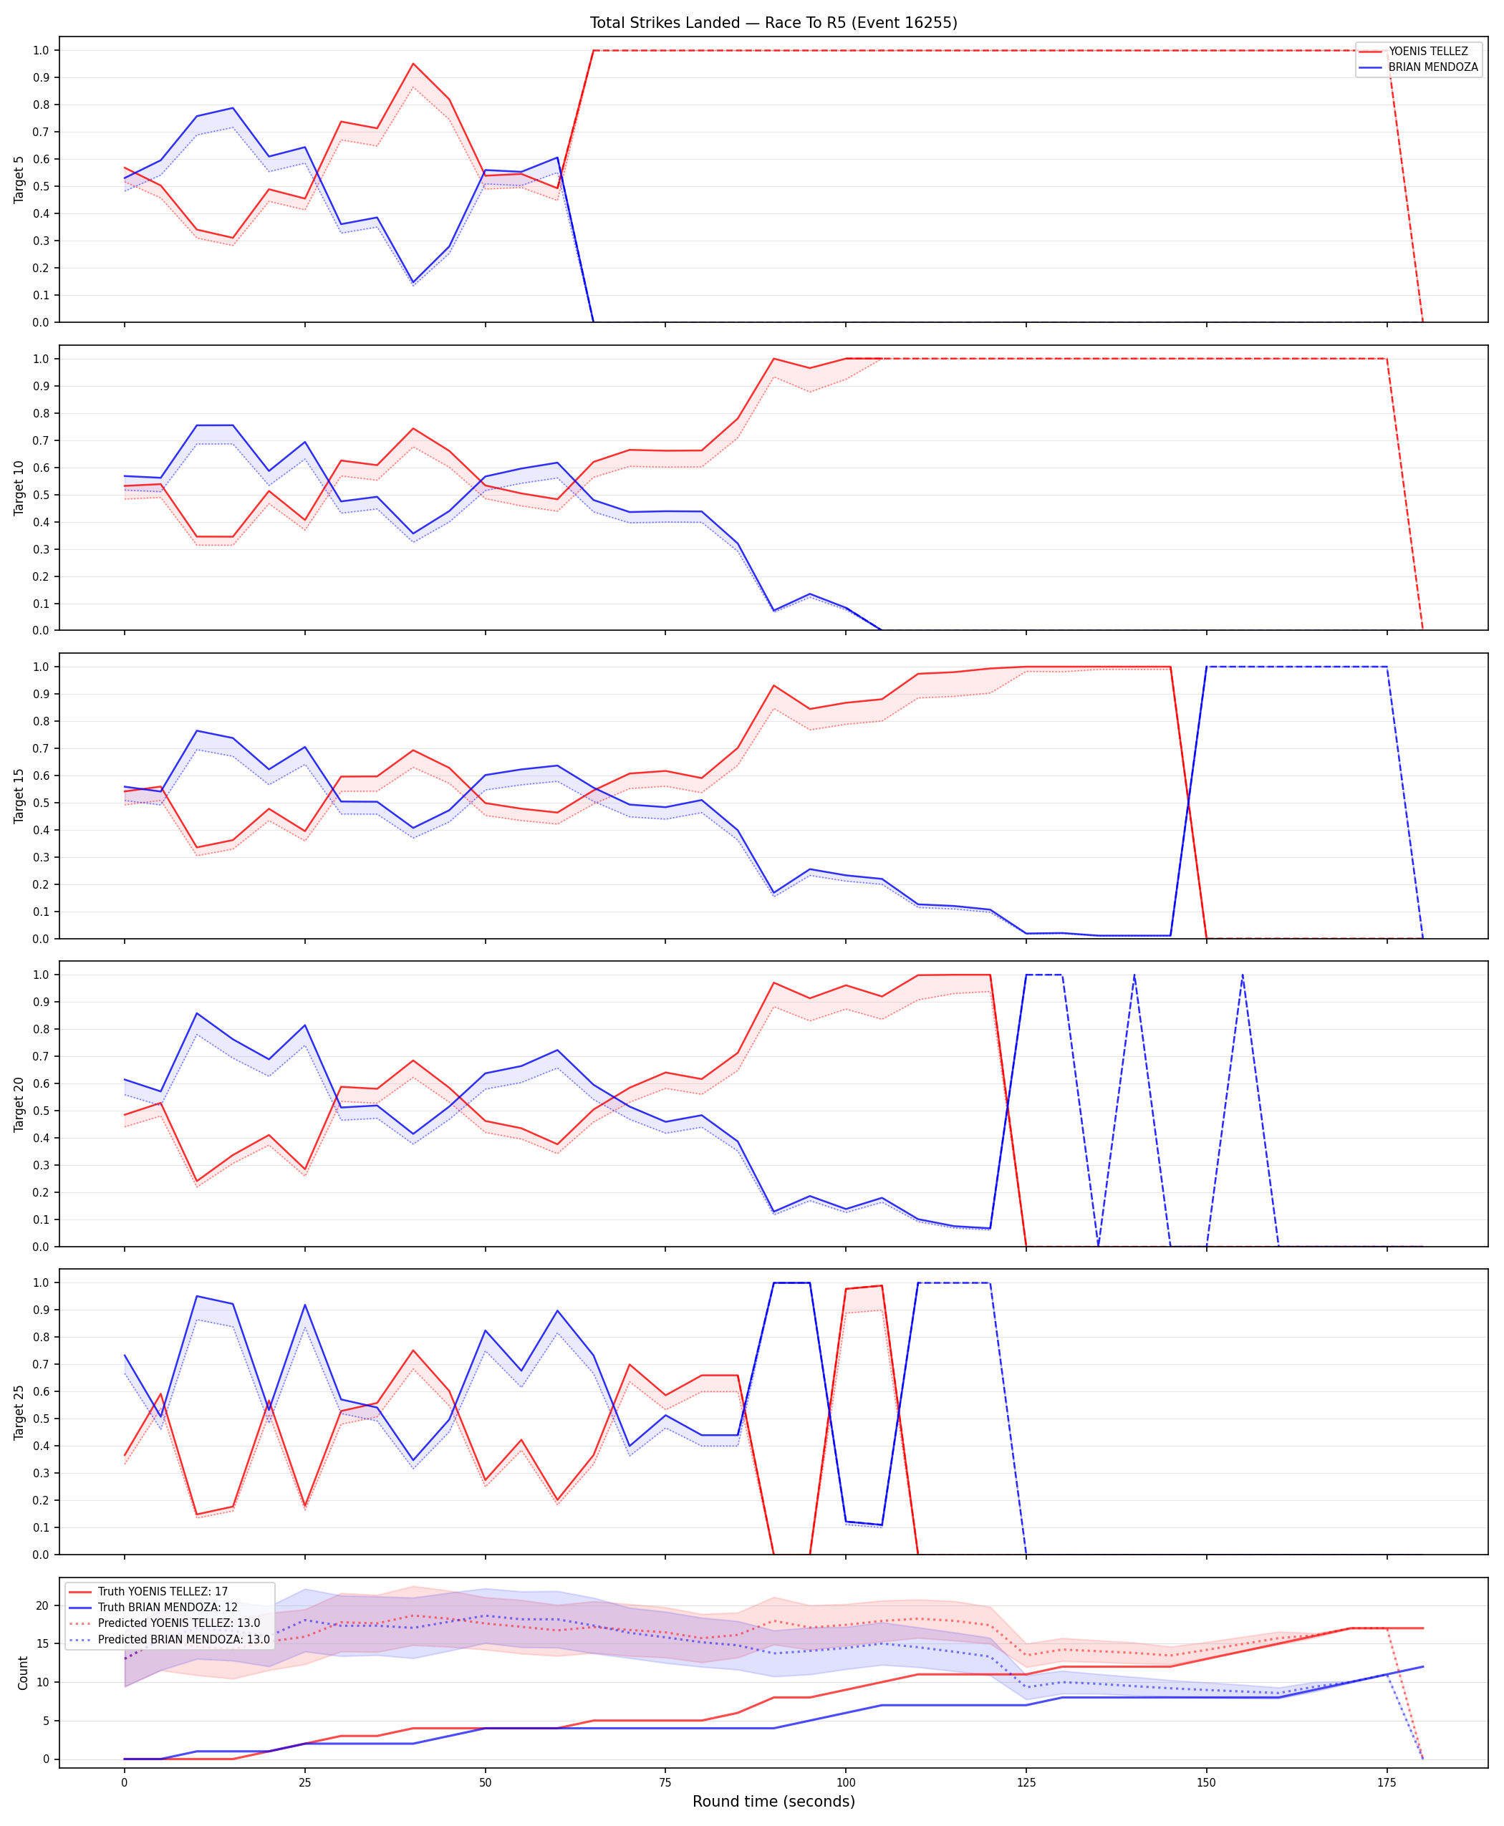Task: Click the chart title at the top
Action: pyautogui.click(x=773, y=22)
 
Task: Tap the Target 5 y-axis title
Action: pyautogui.click(x=19, y=179)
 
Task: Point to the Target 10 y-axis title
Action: pyautogui.click(x=19, y=488)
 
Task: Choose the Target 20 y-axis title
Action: pyautogui.click(x=19, y=1103)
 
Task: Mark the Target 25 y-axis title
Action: pyautogui.click(x=19, y=1412)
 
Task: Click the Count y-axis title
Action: pyautogui.click(x=22, y=1673)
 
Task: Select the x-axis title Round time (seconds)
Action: pyautogui.click(x=773, y=1802)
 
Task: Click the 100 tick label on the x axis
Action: pyautogui.click(x=846, y=1783)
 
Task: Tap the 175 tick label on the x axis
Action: pyautogui.click(x=1387, y=1783)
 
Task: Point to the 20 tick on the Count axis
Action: pyautogui.click(x=42, y=1605)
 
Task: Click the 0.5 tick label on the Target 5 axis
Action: pyautogui.click(x=41, y=186)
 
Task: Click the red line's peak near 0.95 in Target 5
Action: pyautogui.click(x=413, y=63)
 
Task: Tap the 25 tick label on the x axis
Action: pyautogui.click(x=304, y=1783)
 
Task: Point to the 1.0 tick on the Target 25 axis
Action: pyautogui.click(x=41, y=1283)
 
